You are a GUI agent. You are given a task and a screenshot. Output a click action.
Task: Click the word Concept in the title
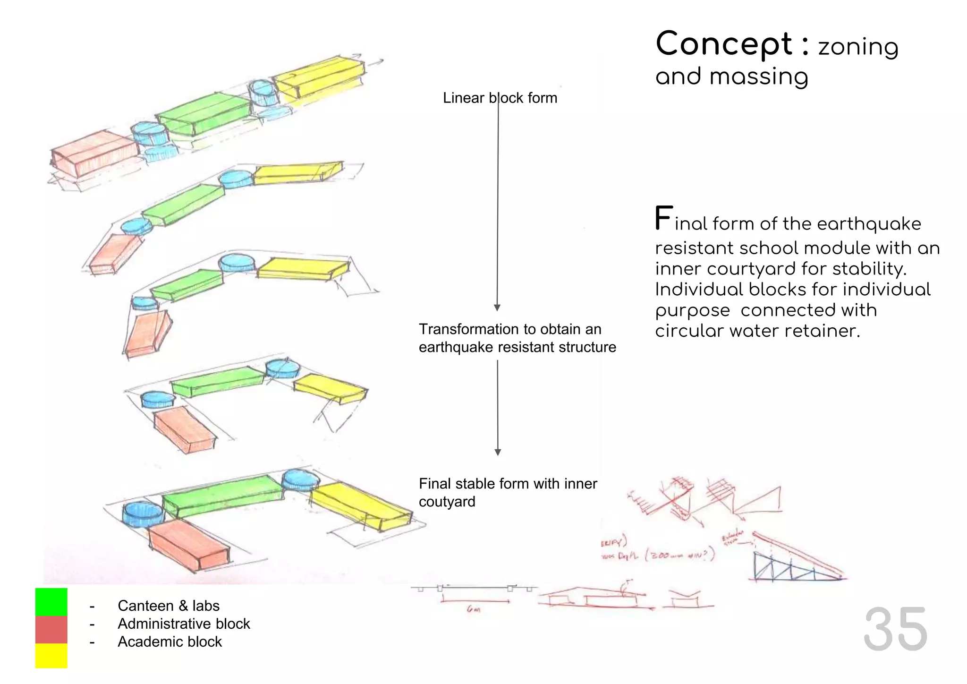pos(724,44)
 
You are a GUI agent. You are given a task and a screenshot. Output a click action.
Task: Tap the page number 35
pos(895,629)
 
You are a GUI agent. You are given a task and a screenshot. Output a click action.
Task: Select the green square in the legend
pos(51,602)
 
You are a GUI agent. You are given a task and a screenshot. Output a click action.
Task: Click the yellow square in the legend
pos(51,656)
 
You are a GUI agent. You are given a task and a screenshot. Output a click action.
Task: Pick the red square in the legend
pos(51,629)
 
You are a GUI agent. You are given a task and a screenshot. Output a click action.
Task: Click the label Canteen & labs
pos(169,606)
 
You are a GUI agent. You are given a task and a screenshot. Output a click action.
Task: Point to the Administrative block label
pos(184,624)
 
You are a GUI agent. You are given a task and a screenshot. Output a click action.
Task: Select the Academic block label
pos(170,641)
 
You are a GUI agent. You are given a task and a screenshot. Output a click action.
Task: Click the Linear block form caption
pos(500,98)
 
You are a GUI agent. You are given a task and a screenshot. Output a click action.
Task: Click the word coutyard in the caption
pos(447,502)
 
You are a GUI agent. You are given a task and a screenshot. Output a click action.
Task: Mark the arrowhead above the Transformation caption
pos(497,308)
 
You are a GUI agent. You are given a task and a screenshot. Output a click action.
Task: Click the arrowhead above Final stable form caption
pos(498,452)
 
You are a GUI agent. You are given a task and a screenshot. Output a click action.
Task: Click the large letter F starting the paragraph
pos(663,218)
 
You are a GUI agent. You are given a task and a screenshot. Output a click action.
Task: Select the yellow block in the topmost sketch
pos(319,77)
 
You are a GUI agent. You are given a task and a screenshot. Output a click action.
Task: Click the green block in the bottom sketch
pos(222,496)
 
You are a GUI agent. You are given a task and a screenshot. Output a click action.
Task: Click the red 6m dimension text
pos(474,609)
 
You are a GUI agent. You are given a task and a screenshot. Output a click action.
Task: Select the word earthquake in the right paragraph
pos(869,223)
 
